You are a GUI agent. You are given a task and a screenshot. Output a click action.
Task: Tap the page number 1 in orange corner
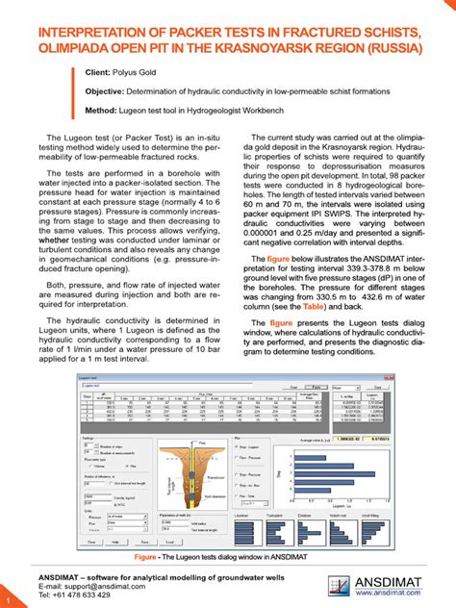[x=7, y=600]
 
